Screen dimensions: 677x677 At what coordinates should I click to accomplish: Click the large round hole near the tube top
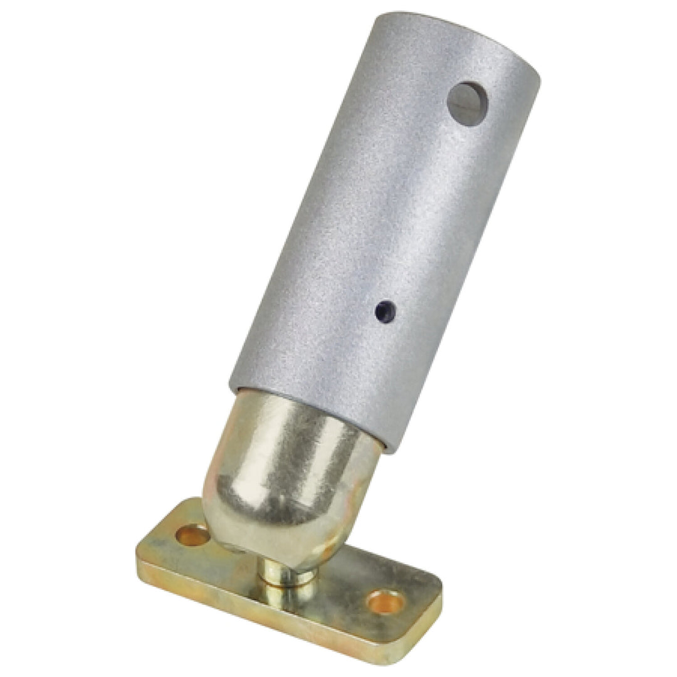click(468, 103)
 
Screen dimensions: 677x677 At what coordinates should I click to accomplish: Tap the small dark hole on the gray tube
click(386, 311)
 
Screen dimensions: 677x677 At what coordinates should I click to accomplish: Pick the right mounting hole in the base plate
click(386, 602)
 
